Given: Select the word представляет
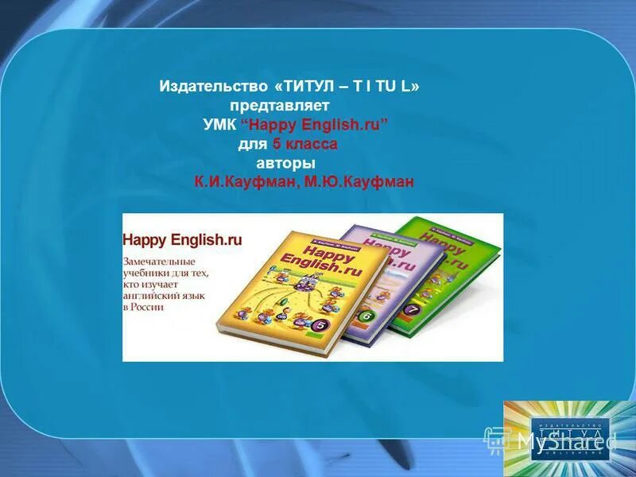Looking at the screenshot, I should pyautogui.click(x=279, y=105).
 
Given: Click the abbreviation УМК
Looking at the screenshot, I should pyautogui.click(x=219, y=125).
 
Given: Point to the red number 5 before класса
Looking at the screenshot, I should pyautogui.click(x=276, y=144).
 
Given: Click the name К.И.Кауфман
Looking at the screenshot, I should pyautogui.click(x=245, y=182).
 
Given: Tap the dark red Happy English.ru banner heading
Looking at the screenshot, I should pyautogui.click(x=182, y=238).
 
